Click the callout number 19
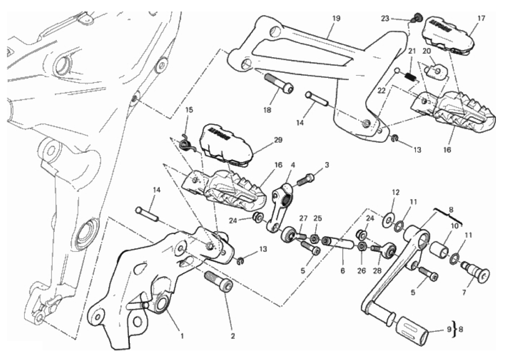[336, 19]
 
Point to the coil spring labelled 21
[412, 77]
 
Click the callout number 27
[303, 218]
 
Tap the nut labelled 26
[361, 246]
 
